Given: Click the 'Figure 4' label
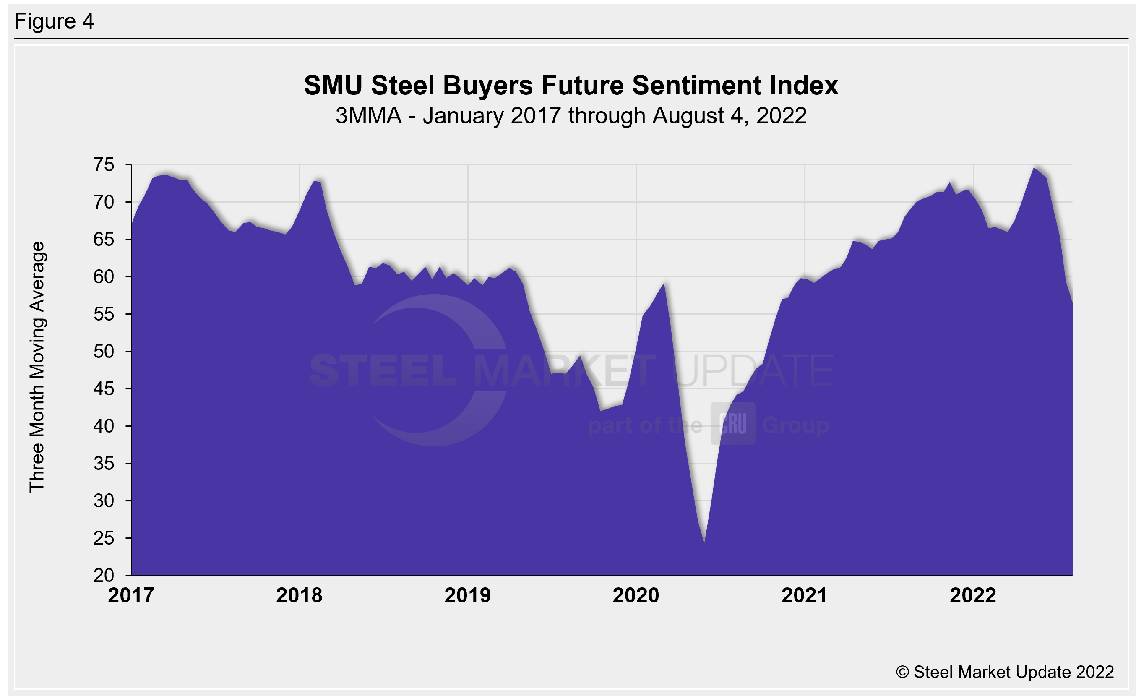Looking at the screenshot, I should pyautogui.click(x=54, y=21).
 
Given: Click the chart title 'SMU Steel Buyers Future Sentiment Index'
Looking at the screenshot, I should pyautogui.click(x=571, y=85).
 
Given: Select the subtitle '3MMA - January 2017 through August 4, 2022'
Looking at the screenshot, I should pyautogui.click(x=571, y=116).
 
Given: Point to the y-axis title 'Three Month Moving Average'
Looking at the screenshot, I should pyautogui.click(x=37, y=367).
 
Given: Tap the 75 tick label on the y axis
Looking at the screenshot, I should pyautogui.click(x=104, y=164).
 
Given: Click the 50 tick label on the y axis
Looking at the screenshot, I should pyautogui.click(x=104, y=351).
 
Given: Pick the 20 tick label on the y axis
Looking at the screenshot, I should pyautogui.click(x=104, y=575).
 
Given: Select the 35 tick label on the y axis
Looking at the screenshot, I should pyautogui.click(x=104, y=463).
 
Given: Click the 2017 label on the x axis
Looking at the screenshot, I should pyautogui.click(x=131, y=595).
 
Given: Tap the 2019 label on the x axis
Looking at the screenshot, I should pyautogui.click(x=467, y=595).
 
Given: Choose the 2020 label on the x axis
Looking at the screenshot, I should pyautogui.click(x=636, y=595).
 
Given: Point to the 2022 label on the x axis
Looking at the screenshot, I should pyautogui.click(x=973, y=595).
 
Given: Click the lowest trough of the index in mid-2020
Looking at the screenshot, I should pyautogui.click(x=704, y=542).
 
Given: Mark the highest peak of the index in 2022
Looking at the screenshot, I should pyautogui.click(x=1034, y=168).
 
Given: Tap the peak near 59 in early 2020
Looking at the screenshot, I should pyautogui.click(x=664, y=283).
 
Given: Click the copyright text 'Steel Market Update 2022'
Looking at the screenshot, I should pyautogui.click(x=1005, y=672).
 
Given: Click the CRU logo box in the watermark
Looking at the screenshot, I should pyautogui.click(x=732, y=423).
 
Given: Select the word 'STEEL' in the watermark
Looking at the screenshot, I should pyautogui.click(x=383, y=370).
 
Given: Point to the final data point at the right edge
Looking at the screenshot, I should pyautogui.click(x=1073, y=303).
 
